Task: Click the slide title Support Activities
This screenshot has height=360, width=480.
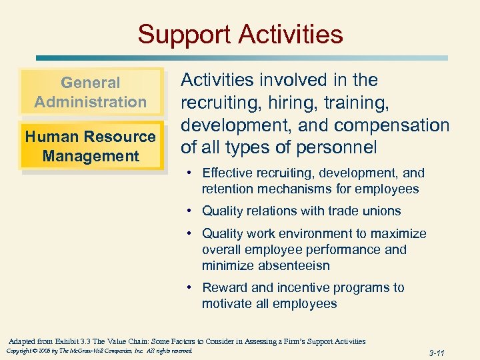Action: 240,34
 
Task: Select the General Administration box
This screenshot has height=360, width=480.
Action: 91,92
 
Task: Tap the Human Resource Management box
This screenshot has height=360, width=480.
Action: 91,146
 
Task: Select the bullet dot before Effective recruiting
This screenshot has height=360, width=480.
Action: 191,173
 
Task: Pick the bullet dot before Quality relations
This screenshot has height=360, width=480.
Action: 191,211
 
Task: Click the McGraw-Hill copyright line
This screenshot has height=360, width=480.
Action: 99,351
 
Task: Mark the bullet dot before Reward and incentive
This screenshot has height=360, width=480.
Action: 191,288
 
